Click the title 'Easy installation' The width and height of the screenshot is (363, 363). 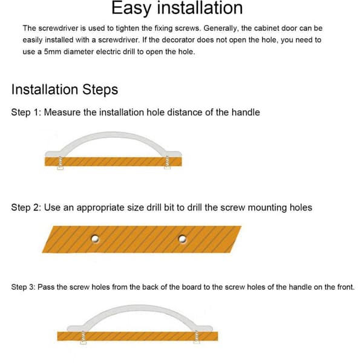[177, 8]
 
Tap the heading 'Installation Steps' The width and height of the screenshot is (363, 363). [65, 90]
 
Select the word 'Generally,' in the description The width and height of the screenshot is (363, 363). [221, 28]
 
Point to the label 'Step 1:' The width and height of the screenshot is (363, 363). [26, 113]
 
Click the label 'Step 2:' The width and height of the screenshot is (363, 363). [26, 208]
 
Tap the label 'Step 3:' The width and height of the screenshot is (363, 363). [23, 287]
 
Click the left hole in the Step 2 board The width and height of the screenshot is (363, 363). [95, 239]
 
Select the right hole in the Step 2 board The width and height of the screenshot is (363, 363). [183, 239]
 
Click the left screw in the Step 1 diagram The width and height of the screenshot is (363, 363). [60, 163]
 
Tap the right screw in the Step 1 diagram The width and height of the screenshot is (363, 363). [168, 162]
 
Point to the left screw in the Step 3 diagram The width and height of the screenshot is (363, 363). [83, 338]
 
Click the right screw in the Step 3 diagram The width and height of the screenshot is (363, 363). [197, 337]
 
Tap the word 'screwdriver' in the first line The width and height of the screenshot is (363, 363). [58, 28]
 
